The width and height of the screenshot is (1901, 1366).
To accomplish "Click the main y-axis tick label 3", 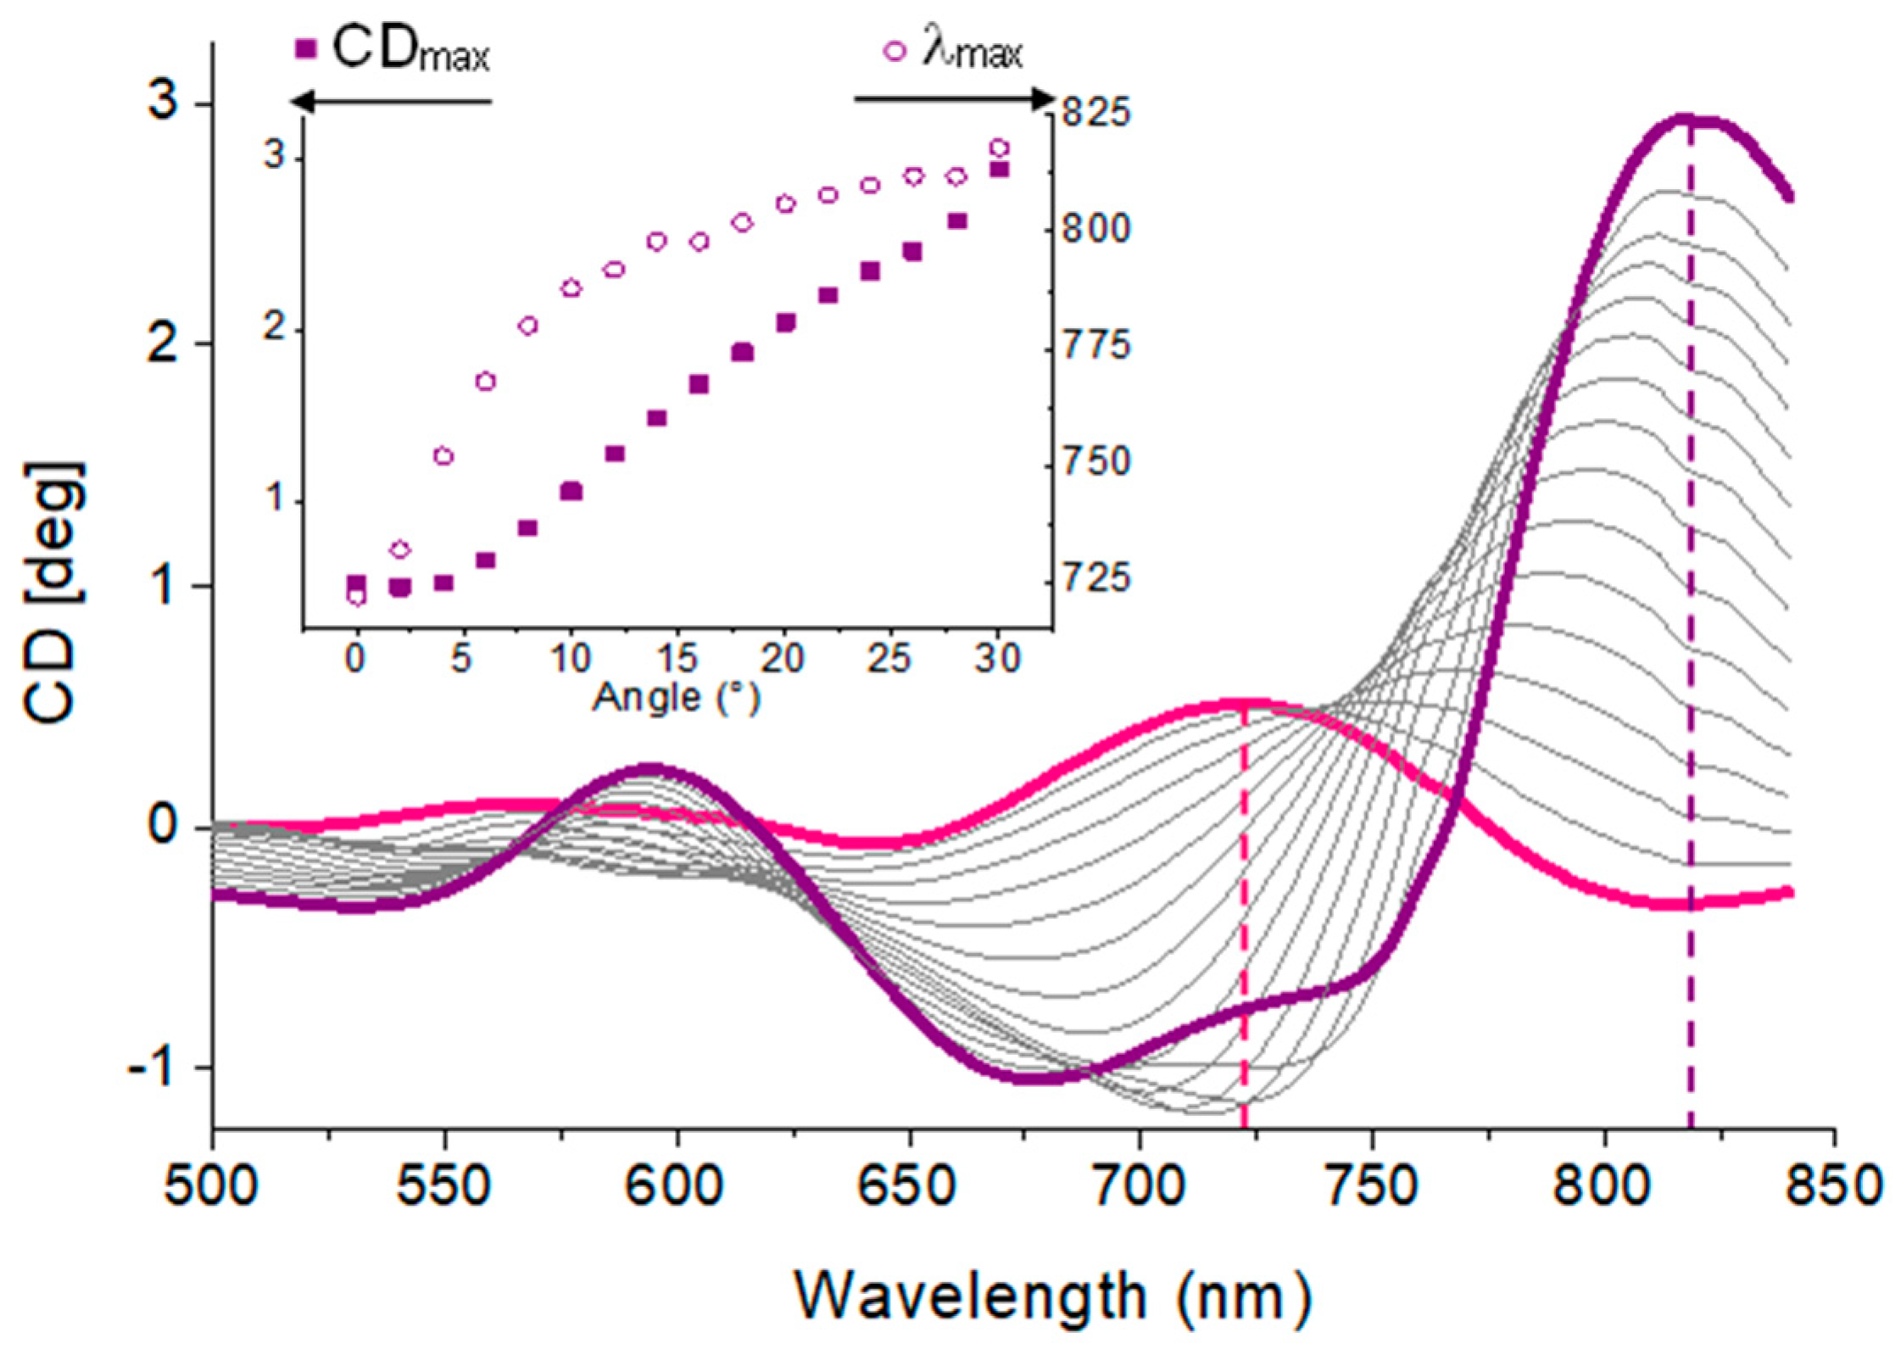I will click(x=163, y=103).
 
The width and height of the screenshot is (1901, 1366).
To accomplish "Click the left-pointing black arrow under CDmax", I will click(x=390, y=102).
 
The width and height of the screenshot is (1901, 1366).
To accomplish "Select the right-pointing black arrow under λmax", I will click(x=954, y=99).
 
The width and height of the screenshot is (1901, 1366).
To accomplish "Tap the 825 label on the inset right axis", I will click(x=1095, y=113).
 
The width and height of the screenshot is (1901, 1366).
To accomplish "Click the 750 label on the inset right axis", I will click(x=1095, y=462).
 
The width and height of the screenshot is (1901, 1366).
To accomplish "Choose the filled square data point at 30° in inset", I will click(x=1000, y=169).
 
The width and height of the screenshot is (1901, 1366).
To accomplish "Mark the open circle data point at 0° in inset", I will click(x=357, y=596).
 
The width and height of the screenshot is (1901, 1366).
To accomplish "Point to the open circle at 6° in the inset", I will click(x=485, y=382).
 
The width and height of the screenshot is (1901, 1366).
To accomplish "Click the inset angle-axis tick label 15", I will click(x=676, y=657).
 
